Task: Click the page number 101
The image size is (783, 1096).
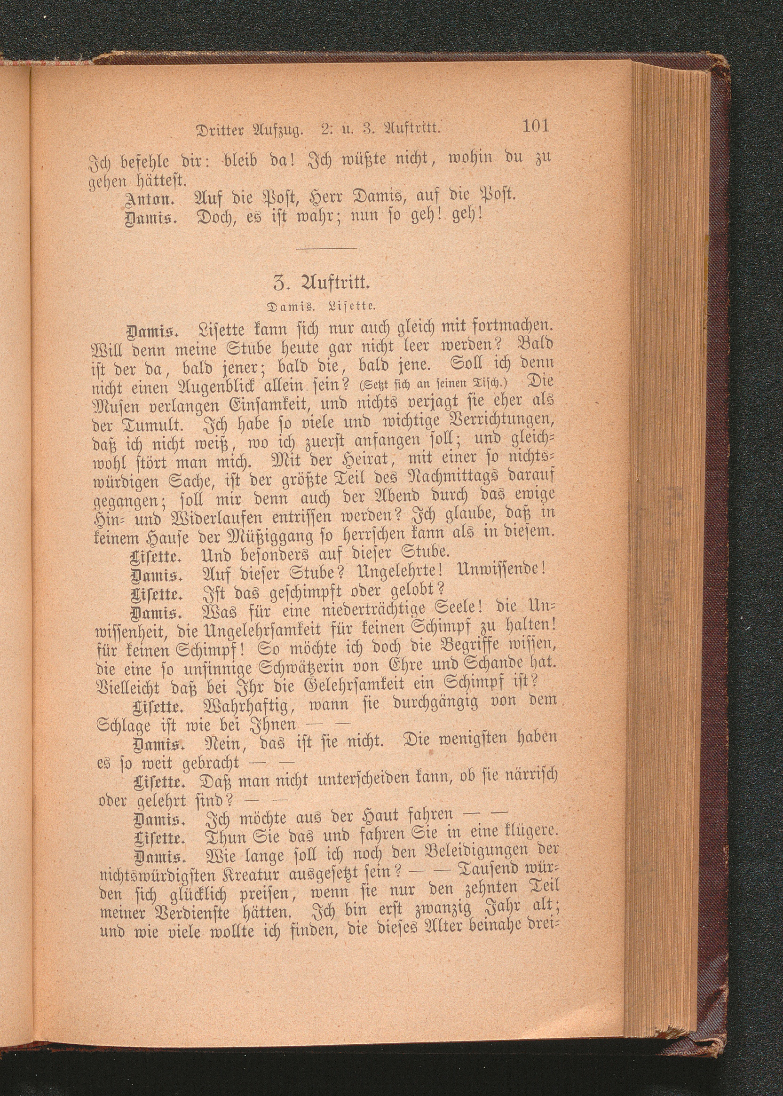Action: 535,127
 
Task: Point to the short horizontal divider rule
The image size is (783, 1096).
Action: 327,248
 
